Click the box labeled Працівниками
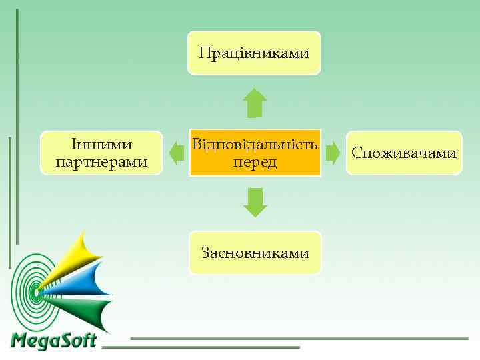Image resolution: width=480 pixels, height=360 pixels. tap(254, 53)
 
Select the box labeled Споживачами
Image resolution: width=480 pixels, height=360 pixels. tap(404, 153)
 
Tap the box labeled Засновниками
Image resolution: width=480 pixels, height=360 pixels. tap(255, 253)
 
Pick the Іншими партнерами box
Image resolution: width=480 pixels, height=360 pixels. tap(101, 153)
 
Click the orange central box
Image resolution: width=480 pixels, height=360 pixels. tap(255, 153)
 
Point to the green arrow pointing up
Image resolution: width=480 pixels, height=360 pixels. tap(255, 103)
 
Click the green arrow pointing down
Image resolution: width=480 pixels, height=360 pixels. tap(255, 202)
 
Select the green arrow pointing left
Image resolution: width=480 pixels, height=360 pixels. tap(177, 153)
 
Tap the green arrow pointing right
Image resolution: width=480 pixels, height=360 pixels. tap(333, 153)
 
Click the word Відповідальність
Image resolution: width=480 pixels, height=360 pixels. tap(255, 144)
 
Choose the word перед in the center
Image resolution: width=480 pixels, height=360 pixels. tap(255, 162)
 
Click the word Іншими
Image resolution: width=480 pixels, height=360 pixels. tap(102, 145)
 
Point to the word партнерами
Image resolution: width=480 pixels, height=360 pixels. tap(102, 162)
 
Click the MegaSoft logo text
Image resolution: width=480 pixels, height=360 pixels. tap(54, 341)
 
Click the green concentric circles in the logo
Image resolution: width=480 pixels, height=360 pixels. tap(30, 290)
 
